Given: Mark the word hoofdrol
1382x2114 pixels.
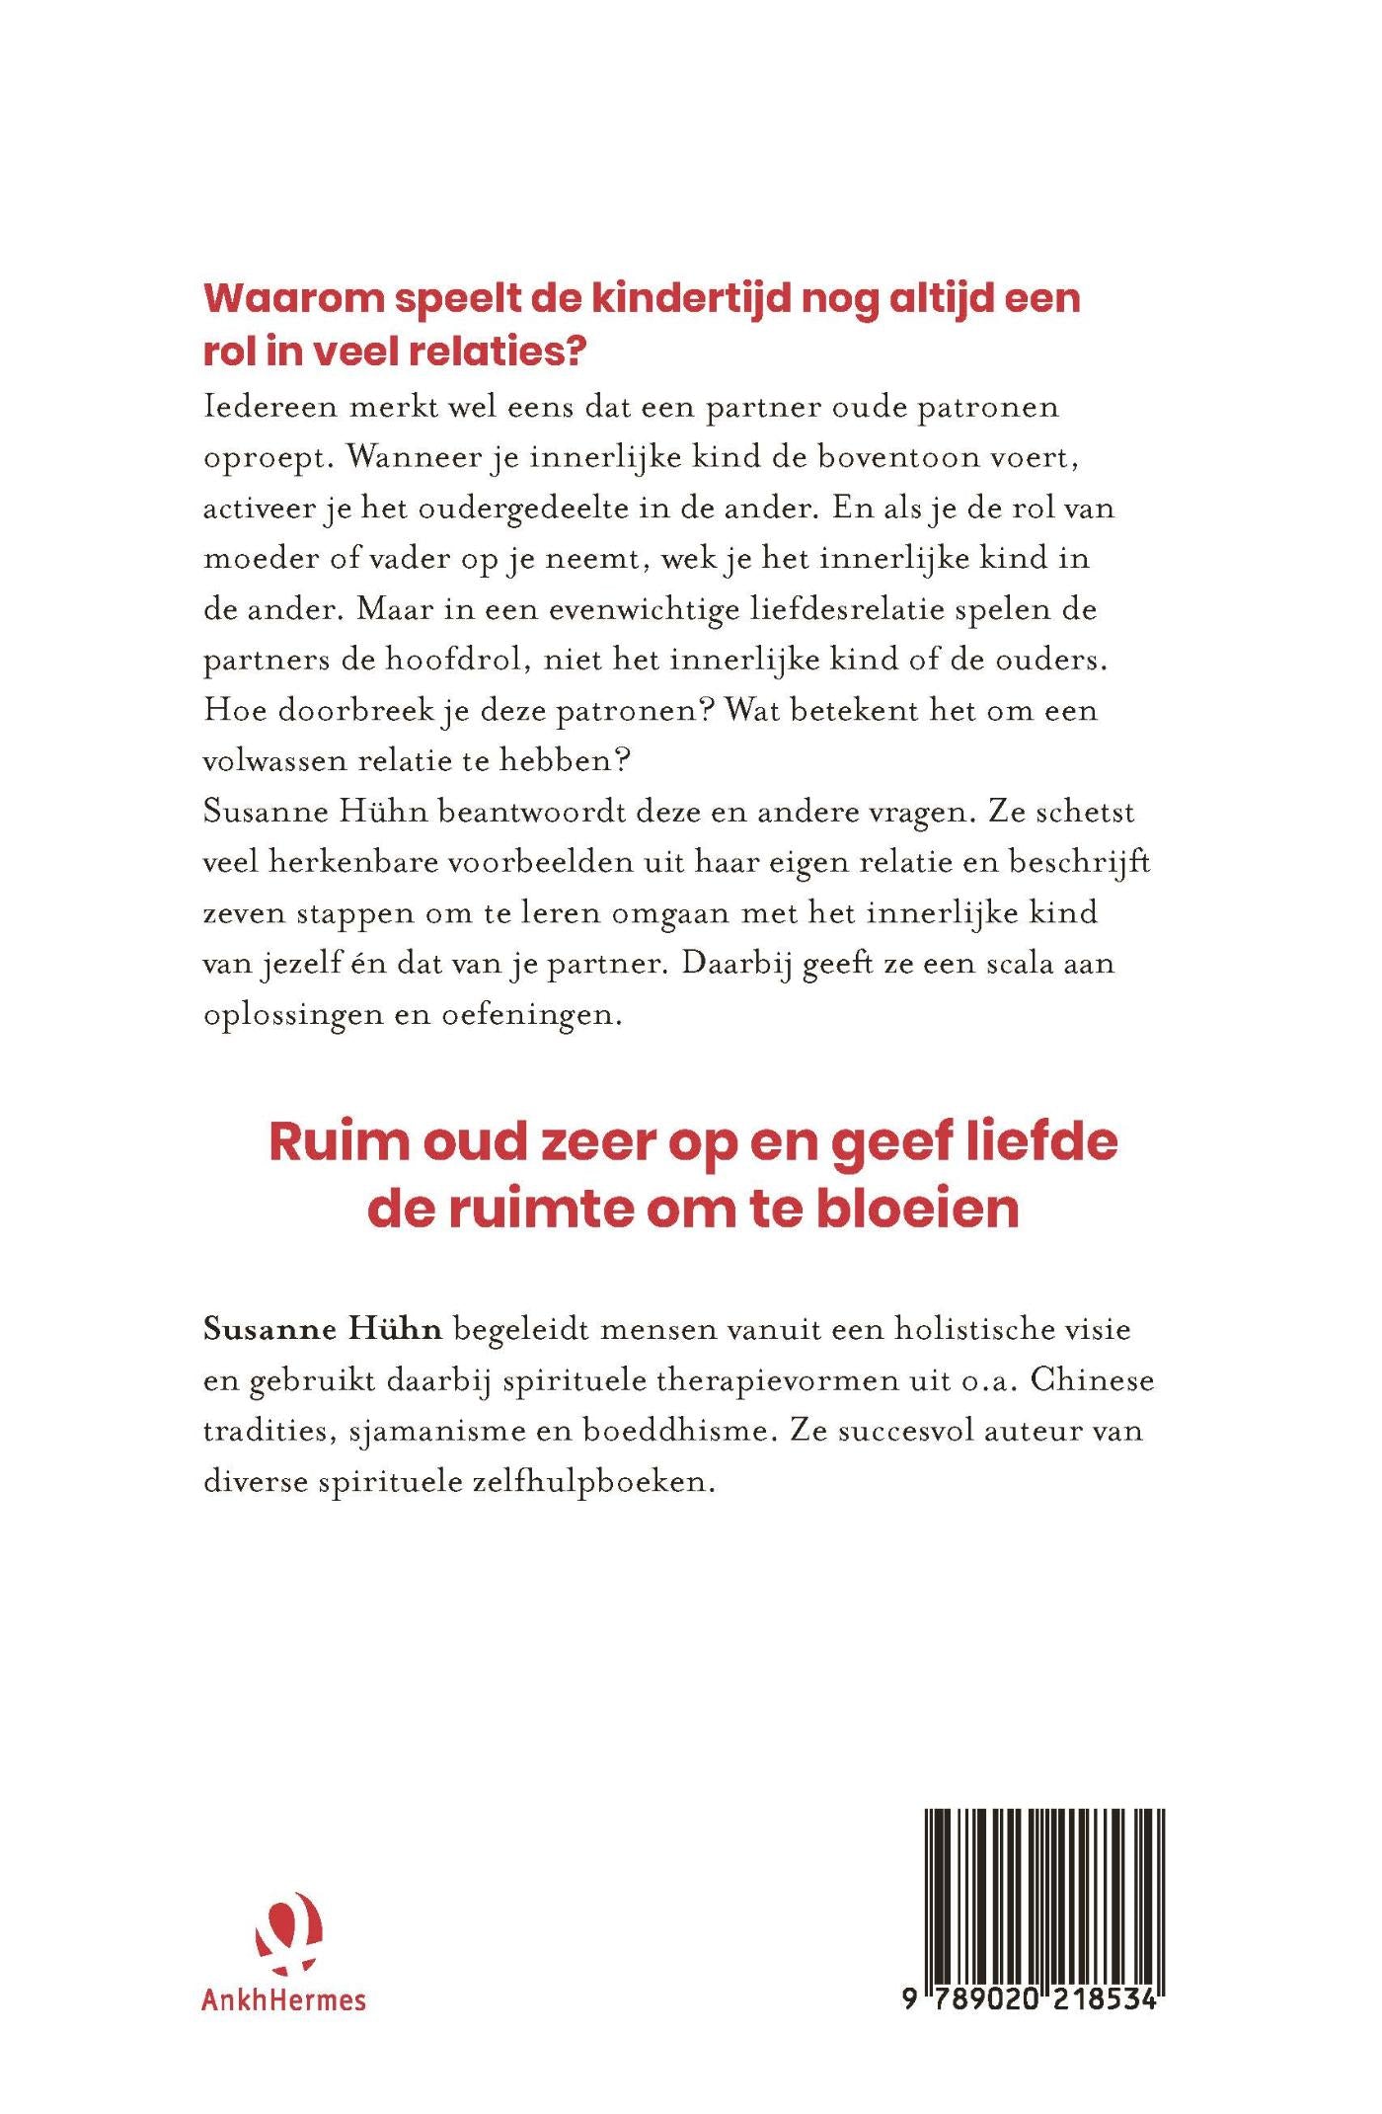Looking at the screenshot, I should tap(435, 660).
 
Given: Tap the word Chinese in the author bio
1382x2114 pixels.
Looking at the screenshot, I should tap(1093, 1379).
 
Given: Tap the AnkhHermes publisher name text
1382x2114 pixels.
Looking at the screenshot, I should tap(283, 1999).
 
